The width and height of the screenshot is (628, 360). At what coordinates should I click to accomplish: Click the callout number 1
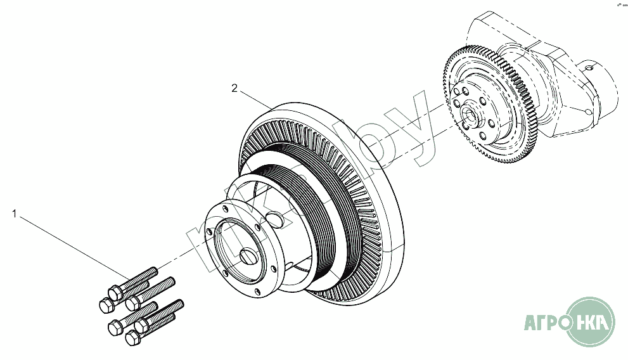pos(14,214)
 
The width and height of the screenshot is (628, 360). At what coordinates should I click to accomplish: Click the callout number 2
pos(234,89)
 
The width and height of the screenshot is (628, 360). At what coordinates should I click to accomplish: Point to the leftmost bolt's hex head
pos(105,305)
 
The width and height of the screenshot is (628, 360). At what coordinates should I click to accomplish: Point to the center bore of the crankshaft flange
pos(470,114)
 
